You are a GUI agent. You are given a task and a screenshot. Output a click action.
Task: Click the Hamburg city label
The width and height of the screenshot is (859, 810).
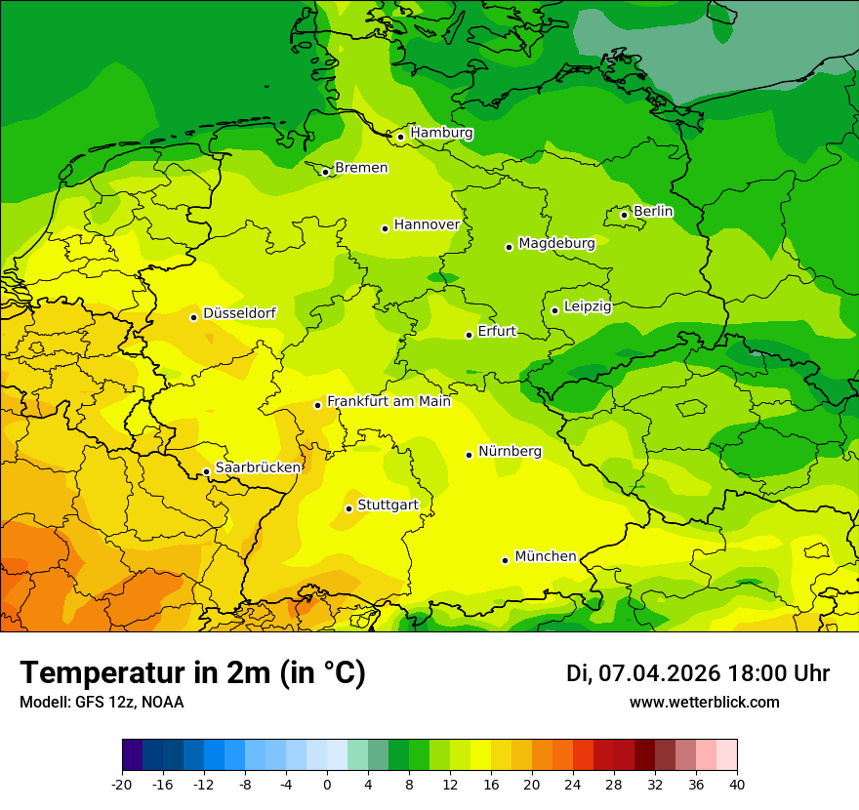coord(441,133)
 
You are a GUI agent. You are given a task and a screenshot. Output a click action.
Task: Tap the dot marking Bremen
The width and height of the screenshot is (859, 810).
coord(326,172)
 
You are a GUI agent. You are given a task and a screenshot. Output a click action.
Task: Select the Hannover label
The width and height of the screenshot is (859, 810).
coord(427,224)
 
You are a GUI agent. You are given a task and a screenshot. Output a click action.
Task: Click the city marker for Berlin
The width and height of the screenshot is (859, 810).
coord(625,215)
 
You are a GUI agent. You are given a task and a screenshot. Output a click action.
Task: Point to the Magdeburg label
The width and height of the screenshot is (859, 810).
coord(556,243)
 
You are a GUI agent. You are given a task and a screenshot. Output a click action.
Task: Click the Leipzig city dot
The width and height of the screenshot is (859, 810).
coord(554,310)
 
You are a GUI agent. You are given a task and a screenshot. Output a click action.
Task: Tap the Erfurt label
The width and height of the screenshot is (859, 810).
coord(497,331)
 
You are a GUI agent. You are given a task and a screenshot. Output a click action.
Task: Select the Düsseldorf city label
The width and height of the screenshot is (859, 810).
coord(239,313)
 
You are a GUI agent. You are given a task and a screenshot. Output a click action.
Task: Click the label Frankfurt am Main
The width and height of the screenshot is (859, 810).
coord(389,401)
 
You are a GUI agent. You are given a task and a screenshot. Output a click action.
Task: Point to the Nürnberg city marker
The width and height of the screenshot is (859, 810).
coord(470,455)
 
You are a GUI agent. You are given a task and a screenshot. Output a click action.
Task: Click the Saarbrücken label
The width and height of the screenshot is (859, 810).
coord(258,467)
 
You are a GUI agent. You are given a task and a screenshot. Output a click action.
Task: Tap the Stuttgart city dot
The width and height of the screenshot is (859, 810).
coord(348,508)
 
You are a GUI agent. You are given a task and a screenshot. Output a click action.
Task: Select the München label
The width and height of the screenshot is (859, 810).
coord(546,556)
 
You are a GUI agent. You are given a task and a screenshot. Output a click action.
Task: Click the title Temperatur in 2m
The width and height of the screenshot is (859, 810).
coord(192,673)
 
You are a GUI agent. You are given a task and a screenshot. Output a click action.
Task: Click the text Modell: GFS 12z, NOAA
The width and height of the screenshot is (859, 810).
coord(102,702)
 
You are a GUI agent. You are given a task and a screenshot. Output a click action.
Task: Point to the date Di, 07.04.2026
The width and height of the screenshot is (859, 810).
coord(643,673)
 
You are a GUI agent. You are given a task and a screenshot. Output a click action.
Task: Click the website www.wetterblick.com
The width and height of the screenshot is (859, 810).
coord(704,702)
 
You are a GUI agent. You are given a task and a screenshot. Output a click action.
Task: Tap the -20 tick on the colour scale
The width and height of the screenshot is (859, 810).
coord(122,784)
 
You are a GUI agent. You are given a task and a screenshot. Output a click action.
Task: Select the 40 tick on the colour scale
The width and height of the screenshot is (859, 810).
coord(737,784)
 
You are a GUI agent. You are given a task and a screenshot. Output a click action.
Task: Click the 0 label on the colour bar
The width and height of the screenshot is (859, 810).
coord(327,784)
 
